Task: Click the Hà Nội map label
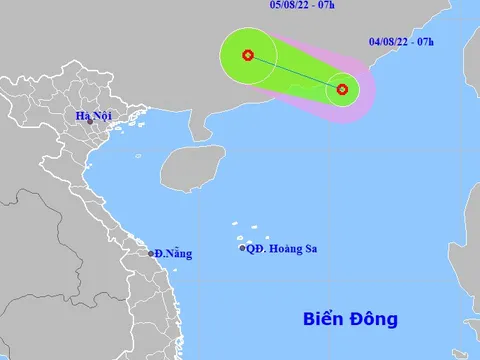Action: click(93, 115)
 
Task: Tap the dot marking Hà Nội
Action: click(91, 123)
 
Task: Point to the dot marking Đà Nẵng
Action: click(151, 253)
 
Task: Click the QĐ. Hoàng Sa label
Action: click(285, 248)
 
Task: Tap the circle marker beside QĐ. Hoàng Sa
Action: click(243, 248)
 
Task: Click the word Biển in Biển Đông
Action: click(324, 320)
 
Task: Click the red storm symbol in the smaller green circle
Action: click(342, 89)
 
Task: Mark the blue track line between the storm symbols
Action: click(295, 72)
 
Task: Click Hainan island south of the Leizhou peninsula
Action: click(192, 166)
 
